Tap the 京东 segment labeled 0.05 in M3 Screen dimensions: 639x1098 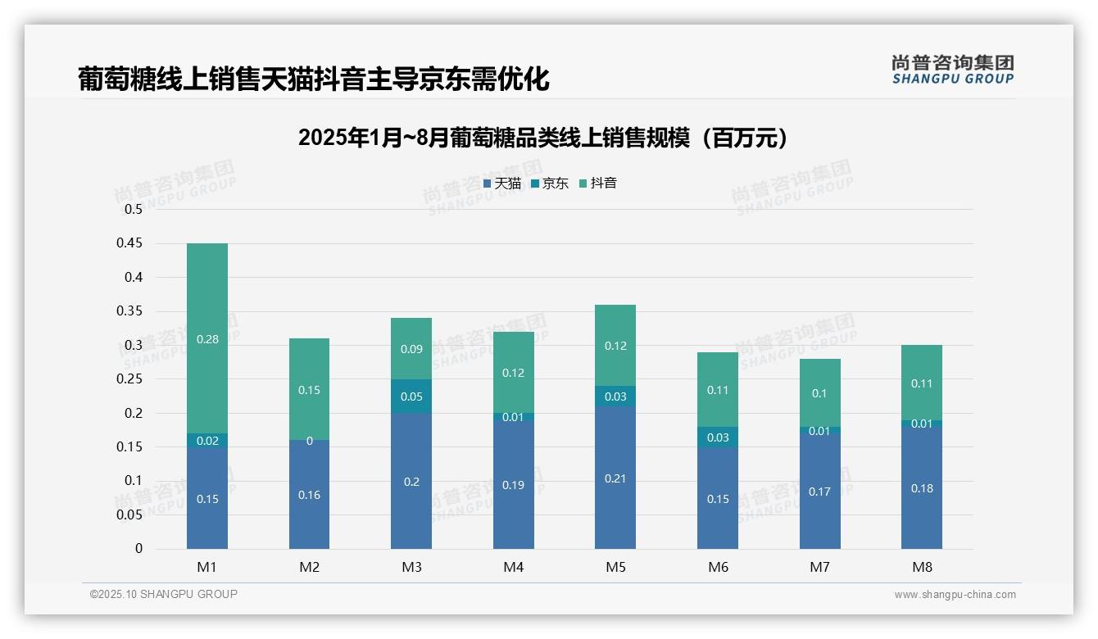(x=411, y=397)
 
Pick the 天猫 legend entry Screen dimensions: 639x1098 (x=501, y=184)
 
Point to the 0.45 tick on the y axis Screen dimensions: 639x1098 (x=133, y=243)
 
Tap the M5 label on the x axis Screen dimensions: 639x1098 (x=615, y=567)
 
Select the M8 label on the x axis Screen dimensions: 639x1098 (x=922, y=567)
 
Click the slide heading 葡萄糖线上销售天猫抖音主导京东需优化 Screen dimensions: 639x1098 (x=313, y=79)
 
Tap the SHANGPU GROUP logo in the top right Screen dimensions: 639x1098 (x=952, y=70)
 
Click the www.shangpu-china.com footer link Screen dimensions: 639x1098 (x=955, y=595)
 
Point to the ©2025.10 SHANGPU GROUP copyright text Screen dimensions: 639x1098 (x=164, y=594)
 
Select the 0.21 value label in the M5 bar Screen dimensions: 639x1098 (x=615, y=478)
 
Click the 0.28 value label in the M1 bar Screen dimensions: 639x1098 (x=207, y=338)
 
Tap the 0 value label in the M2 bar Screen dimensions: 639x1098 (x=309, y=441)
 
